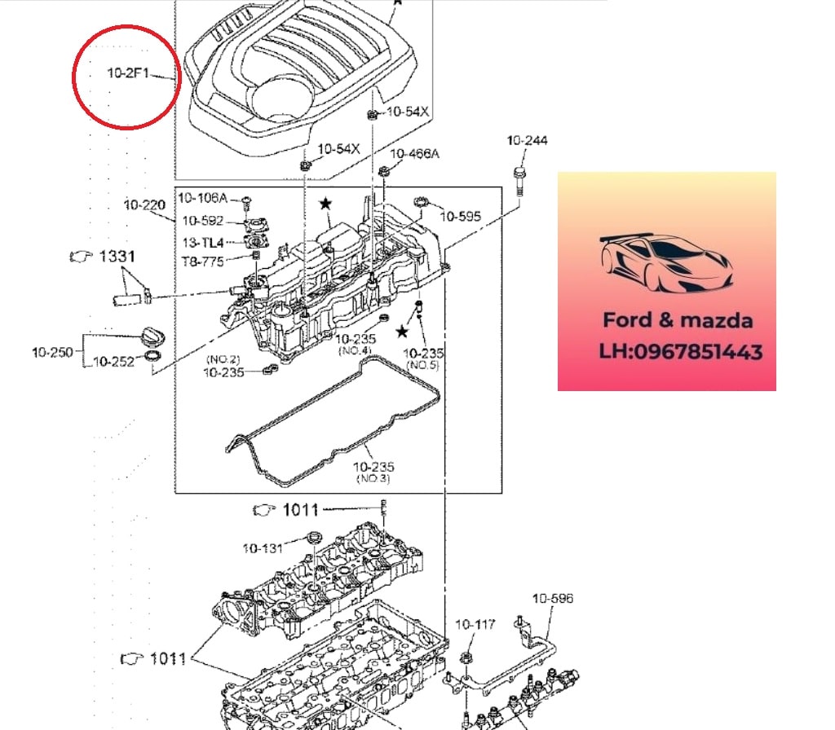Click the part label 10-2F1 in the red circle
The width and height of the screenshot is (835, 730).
(x=129, y=73)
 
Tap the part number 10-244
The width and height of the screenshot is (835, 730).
(x=527, y=141)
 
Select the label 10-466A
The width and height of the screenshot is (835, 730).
(x=414, y=154)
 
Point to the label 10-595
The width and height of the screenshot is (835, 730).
(x=461, y=216)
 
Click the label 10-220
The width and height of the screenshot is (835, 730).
(x=145, y=204)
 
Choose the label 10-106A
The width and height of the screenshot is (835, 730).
(x=202, y=198)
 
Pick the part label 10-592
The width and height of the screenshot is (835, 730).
(x=202, y=221)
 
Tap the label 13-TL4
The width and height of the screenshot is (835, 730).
(x=202, y=242)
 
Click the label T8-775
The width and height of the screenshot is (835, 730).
(x=202, y=262)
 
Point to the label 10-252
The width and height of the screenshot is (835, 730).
(x=113, y=363)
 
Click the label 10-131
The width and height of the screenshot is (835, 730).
(x=263, y=548)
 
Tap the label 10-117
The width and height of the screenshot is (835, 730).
(x=475, y=625)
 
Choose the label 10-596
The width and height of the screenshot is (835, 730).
(x=553, y=599)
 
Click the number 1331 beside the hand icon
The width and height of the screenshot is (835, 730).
(x=117, y=257)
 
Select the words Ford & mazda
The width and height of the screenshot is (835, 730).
(x=678, y=320)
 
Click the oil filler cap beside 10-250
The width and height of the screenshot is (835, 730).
(x=152, y=336)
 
